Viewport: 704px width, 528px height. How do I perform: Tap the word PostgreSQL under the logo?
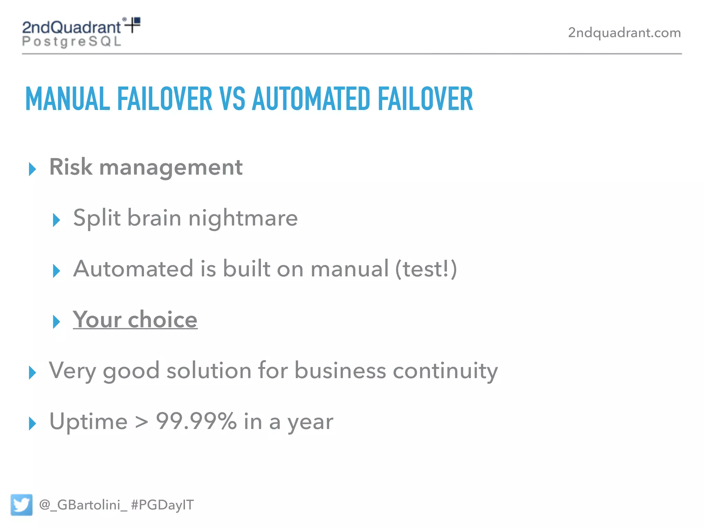point(72,42)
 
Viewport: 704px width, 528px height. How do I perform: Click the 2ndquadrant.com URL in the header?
point(624,33)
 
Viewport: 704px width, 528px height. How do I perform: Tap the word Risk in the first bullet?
point(71,167)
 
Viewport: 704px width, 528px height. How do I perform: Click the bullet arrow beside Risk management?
point(32,169)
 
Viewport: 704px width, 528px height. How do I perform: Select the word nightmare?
point(243,218)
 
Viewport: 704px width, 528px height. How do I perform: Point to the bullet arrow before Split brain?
point(56,220)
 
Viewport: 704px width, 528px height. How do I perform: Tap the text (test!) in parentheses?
point(426,269)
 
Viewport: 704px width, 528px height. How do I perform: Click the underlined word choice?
point(163,320)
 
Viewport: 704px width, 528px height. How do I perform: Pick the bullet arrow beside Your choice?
point(56,322)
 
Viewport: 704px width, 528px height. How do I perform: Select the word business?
point(340,371)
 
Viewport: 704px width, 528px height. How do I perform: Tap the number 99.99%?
point(196,421)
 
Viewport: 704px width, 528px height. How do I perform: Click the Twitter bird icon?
point(21,505)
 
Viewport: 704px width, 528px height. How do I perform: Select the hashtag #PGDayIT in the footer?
point(162,505)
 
